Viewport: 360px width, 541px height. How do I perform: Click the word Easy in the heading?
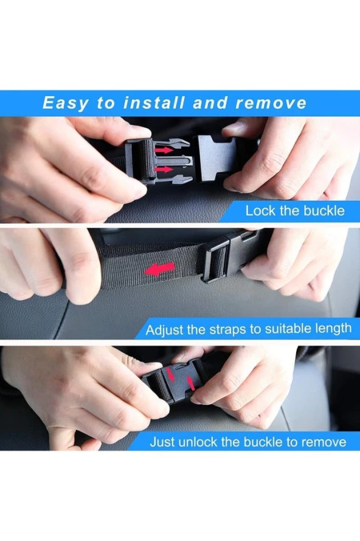(x=66, y=103)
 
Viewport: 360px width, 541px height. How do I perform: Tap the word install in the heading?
(x=153, y=103)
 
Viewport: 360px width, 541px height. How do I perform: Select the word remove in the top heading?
(x=271, y=103)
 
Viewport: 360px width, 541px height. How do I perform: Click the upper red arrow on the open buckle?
(x=164, y=150)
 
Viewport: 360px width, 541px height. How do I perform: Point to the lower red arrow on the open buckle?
(x=164, y=169)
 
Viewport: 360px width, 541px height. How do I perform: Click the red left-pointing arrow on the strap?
(x=159, y=269)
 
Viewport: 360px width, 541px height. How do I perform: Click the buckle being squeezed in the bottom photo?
(x=176, y=380)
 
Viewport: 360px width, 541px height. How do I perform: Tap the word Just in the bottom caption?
(x=162, y=442)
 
